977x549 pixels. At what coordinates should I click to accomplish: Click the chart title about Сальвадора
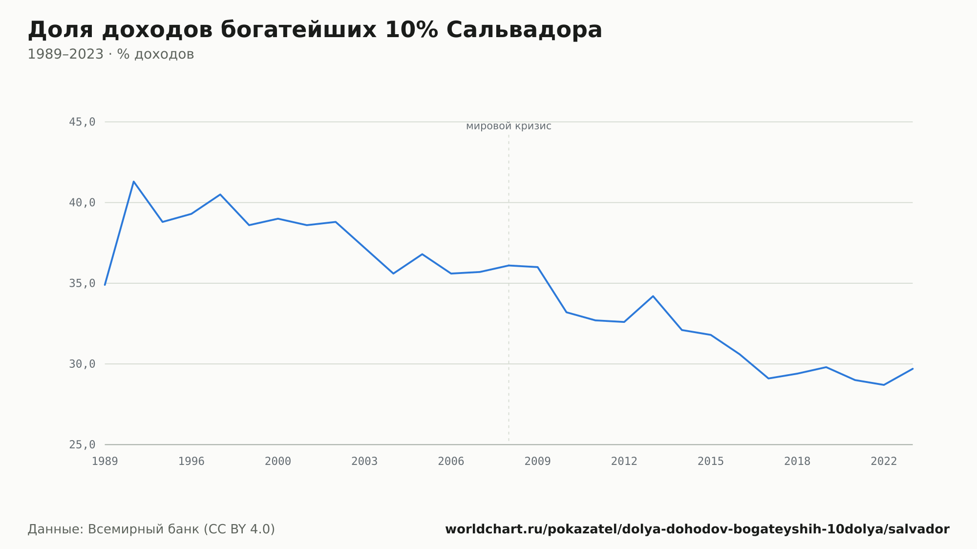pos(315,30)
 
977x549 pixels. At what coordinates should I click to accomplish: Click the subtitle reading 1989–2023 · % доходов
pos(111,54)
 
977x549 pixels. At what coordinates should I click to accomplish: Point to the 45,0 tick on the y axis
pos(82,122)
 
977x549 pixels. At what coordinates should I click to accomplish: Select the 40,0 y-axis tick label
pos(82,203)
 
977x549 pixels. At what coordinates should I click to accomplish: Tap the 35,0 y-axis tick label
pos(82,283)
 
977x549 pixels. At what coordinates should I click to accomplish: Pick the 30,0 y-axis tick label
pos(82,364)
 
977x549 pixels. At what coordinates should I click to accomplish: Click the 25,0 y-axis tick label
pos(82,444)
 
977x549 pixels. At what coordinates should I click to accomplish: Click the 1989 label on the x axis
pos(105,462)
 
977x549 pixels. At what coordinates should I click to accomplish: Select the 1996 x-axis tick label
pos(191,462)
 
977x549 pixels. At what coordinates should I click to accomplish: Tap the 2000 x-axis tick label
pos(278,462)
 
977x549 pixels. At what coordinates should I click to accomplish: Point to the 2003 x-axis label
pos(364,462)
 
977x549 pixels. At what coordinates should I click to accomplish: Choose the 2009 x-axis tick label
pos(537,462)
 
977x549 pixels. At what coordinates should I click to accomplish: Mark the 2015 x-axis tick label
pos(711,462)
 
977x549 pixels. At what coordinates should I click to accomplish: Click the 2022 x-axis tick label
pos(884,462)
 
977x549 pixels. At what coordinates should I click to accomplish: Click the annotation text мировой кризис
pos(509,126)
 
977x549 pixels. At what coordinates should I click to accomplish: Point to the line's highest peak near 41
pos(134,182)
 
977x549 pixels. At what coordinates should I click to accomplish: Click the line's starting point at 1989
pos(105,285)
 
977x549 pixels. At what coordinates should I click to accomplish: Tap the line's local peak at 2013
pos(653,296)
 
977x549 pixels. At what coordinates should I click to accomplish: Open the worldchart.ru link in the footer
pos(697,529)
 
